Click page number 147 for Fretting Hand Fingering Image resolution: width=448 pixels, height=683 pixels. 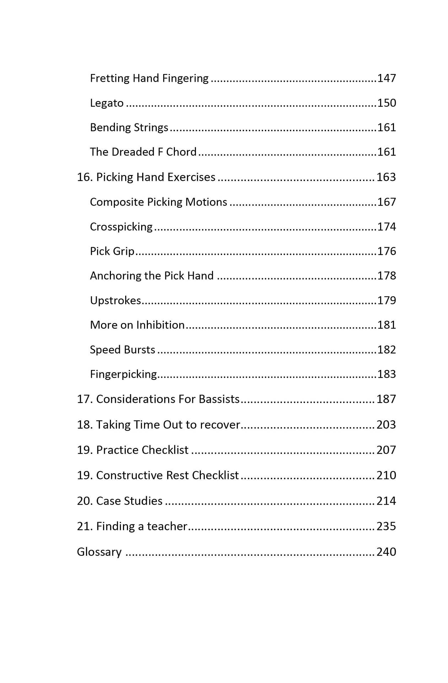point(386,78)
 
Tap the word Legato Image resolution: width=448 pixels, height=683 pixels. point(107,103)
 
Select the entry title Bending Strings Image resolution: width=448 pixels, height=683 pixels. point(129,127)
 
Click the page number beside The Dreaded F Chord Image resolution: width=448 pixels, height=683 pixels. point(386,152)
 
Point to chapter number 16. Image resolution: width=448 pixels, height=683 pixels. point(85,177)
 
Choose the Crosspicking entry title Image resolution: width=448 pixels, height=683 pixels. point(121,227)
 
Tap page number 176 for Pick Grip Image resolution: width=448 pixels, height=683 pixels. point(386,251)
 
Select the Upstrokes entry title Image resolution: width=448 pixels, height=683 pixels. point(115,301)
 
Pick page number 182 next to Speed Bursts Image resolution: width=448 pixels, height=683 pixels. point(386,350)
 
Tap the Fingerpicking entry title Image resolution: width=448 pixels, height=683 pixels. point(123,374)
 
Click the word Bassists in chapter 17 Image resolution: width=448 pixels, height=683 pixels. point(219,399)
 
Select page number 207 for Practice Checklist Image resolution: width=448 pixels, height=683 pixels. point(386,450)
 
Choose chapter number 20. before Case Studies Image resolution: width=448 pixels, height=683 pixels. point(85,501)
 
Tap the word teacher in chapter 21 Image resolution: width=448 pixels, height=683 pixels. point(167,526)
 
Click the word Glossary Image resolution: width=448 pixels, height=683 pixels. point(99,552)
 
